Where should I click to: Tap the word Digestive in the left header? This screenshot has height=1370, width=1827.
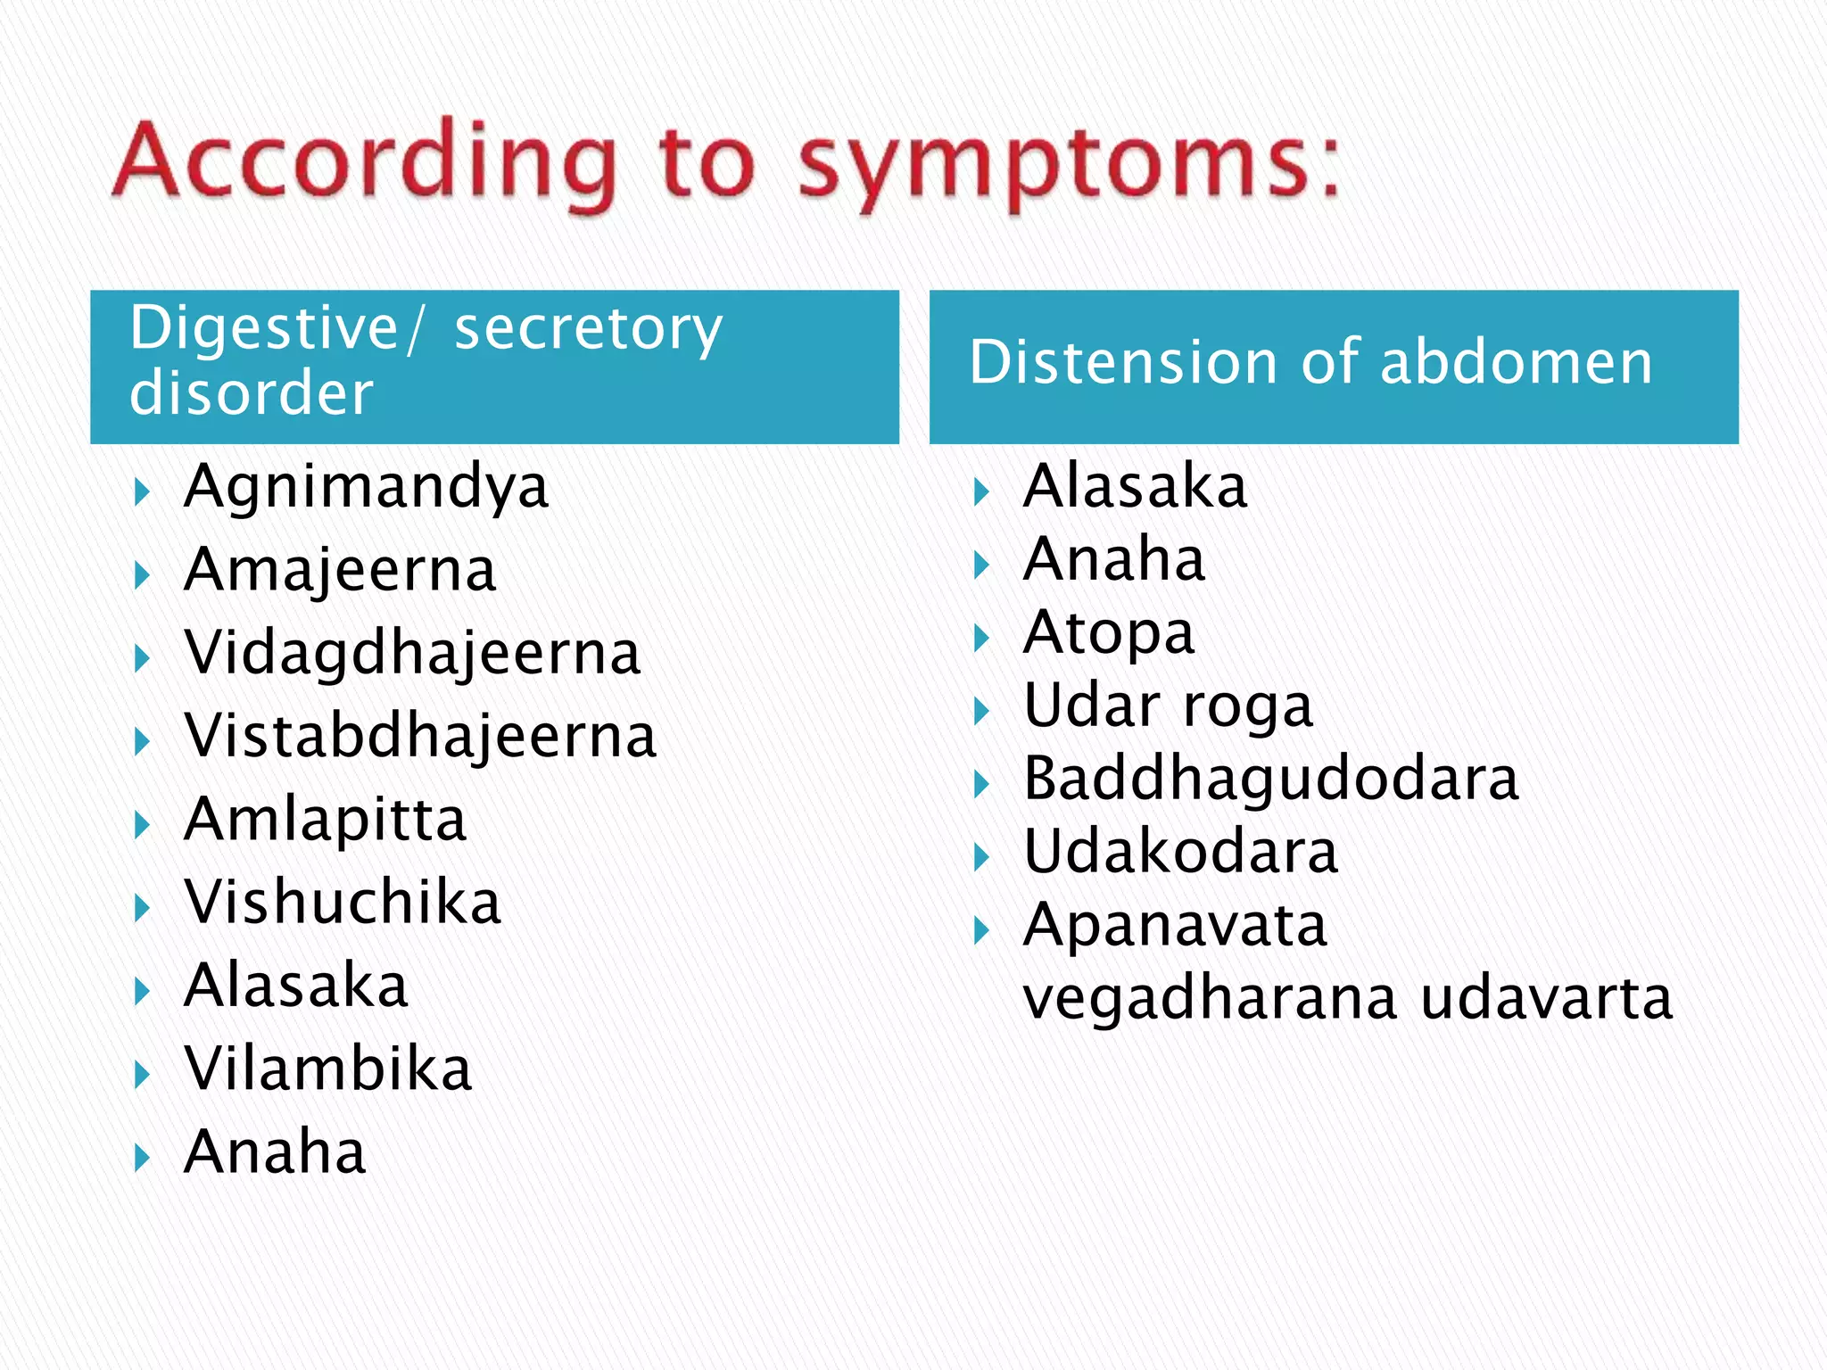(x=263, y=328)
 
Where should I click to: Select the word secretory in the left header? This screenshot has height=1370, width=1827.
(x=588, y=328)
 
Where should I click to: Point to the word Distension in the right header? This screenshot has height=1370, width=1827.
(x=1124, y=363)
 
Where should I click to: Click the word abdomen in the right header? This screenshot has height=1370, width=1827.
(x=1516, y=363)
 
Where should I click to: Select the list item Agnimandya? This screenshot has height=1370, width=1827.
(x=366, y=488)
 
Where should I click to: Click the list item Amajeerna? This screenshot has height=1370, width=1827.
(x=340, y=571)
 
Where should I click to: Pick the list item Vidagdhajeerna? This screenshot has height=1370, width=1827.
(x=412, y=654)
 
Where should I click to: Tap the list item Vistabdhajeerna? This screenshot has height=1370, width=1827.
(x=420, y=737)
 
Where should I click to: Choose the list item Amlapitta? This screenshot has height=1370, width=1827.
(x=325, y=820)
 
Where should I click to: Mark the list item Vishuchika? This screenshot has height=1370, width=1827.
(x=343, y=903)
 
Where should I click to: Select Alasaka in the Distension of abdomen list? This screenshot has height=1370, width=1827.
(x=1135, y=488)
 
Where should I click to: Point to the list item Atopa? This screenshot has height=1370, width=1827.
(x=1108, y=633)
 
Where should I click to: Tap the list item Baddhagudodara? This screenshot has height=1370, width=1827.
(x=1270, y=780)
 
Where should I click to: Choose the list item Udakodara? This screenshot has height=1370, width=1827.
(x=1180, y=853)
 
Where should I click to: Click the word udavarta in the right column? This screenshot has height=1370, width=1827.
(x=1546, y=999)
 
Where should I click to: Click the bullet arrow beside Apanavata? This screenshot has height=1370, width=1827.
(x=981, y=931)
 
